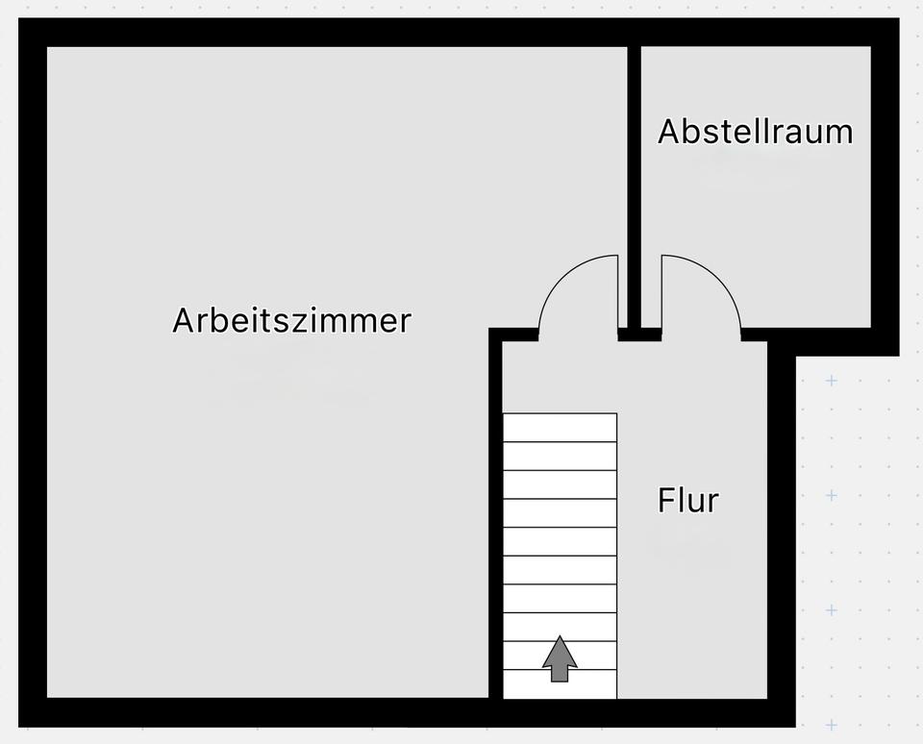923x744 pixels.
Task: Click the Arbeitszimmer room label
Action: coord(291,320)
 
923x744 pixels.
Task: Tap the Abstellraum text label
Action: coord(755,132)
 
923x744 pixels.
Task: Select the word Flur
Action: coord(687,501)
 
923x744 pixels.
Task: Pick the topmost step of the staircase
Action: coord(560,428)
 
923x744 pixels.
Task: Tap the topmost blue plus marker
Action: coord(832,381)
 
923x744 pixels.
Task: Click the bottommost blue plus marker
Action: coord(832,725)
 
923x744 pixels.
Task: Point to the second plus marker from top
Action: coord(832,496)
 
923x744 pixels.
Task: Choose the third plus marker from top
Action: coord(832,610)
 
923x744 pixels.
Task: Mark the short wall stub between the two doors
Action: coord(639,335)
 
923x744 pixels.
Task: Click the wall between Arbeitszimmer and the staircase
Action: coord(495,519)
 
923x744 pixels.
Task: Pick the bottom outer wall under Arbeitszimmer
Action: coord(260,712)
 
